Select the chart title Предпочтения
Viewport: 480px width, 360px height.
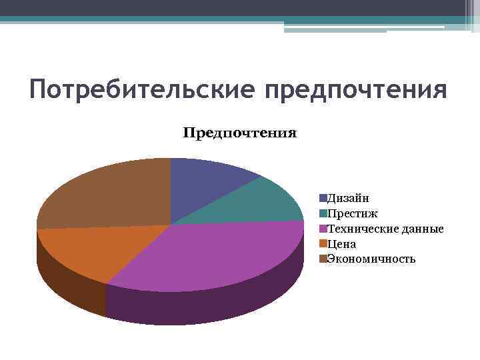point(240,133)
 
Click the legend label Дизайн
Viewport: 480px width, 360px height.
point(348,198)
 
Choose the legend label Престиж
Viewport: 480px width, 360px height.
point(352,213)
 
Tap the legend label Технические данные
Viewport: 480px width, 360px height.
point(385,229)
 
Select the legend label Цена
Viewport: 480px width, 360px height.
point(341,244)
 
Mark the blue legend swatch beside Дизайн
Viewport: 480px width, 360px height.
point(323,198)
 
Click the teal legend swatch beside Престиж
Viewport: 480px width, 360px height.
point(323,213)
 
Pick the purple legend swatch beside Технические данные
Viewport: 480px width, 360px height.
point(323,229)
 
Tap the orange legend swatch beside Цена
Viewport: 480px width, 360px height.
point(323,244)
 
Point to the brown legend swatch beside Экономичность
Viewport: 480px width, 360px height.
point(323,259)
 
